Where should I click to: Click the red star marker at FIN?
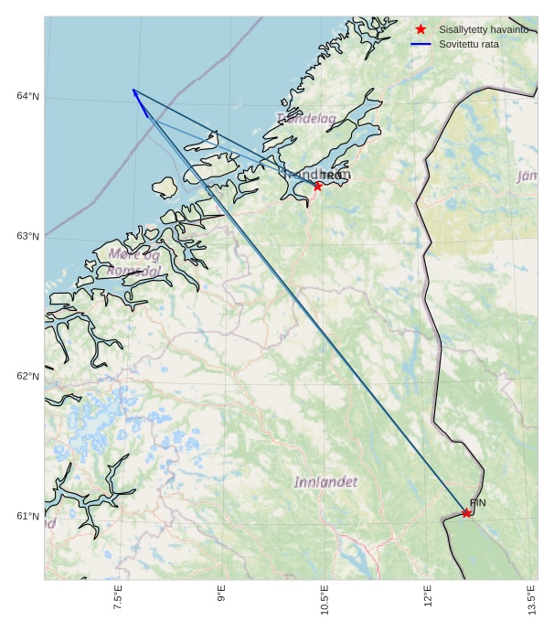(x=466, y=513)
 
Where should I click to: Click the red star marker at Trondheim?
(x=318, y=186)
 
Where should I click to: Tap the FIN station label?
(x=477, y=503)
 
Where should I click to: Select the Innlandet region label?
(x=326, y=481)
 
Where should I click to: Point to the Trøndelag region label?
(x=306, y=118)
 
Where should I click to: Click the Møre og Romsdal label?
(x=134, y=262)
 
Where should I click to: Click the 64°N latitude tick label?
(x=28, y=96)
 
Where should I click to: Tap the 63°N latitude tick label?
(x=28, y=236)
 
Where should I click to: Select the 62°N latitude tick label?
(x=28, y=376)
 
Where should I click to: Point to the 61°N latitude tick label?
(x=28, y=517)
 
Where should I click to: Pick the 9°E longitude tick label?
(x=221, y=597)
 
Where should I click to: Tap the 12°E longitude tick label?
(x=428, y=597)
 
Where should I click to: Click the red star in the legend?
(x=421, y=29)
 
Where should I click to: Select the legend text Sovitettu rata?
(x=469, y=44)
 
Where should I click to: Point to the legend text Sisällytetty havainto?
(x=484, y=29)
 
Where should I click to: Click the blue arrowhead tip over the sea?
(x=133, y=90)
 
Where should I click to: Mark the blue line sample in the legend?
(x=421, y=44)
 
